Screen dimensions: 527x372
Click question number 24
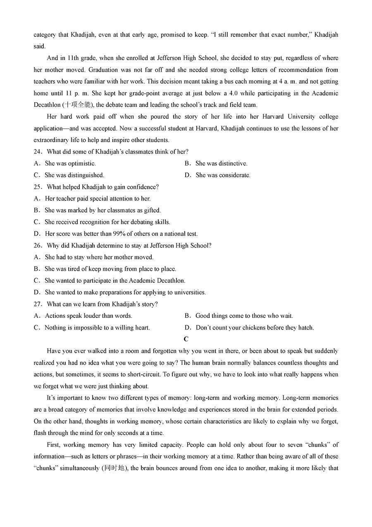(x=38, y=152)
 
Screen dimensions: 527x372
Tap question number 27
(x=38, y=304)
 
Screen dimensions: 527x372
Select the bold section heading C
(x=186, y=339)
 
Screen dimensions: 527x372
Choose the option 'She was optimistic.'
(x=70, y=164)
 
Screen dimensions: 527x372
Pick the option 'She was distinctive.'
(x=221, y=164)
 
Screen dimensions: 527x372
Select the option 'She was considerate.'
(x=223, y=175)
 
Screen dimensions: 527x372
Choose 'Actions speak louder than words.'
(x=88, y=316)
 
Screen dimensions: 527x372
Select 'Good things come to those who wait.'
(x=244, y=316)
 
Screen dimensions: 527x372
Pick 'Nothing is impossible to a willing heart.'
(x=97, y=327)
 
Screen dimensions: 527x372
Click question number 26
(x=38, y=245)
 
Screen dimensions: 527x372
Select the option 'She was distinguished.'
(x=74, y=175)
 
